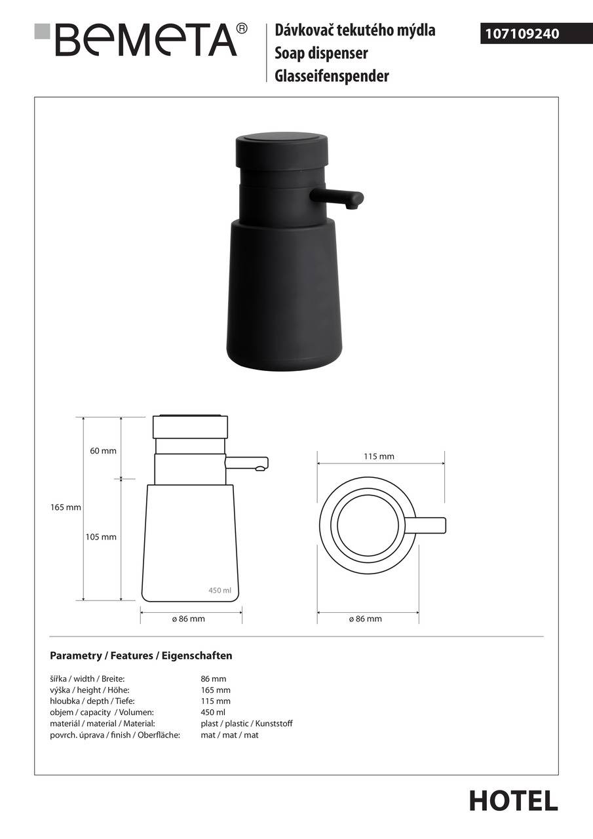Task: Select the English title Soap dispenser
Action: click(x=321, y=53)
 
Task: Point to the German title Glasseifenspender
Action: click(x=332, y=76)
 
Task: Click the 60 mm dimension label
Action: click(x=103, y=451)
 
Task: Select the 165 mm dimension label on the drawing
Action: click(x=66, y=507)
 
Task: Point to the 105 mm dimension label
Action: click(x=101, y=537)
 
